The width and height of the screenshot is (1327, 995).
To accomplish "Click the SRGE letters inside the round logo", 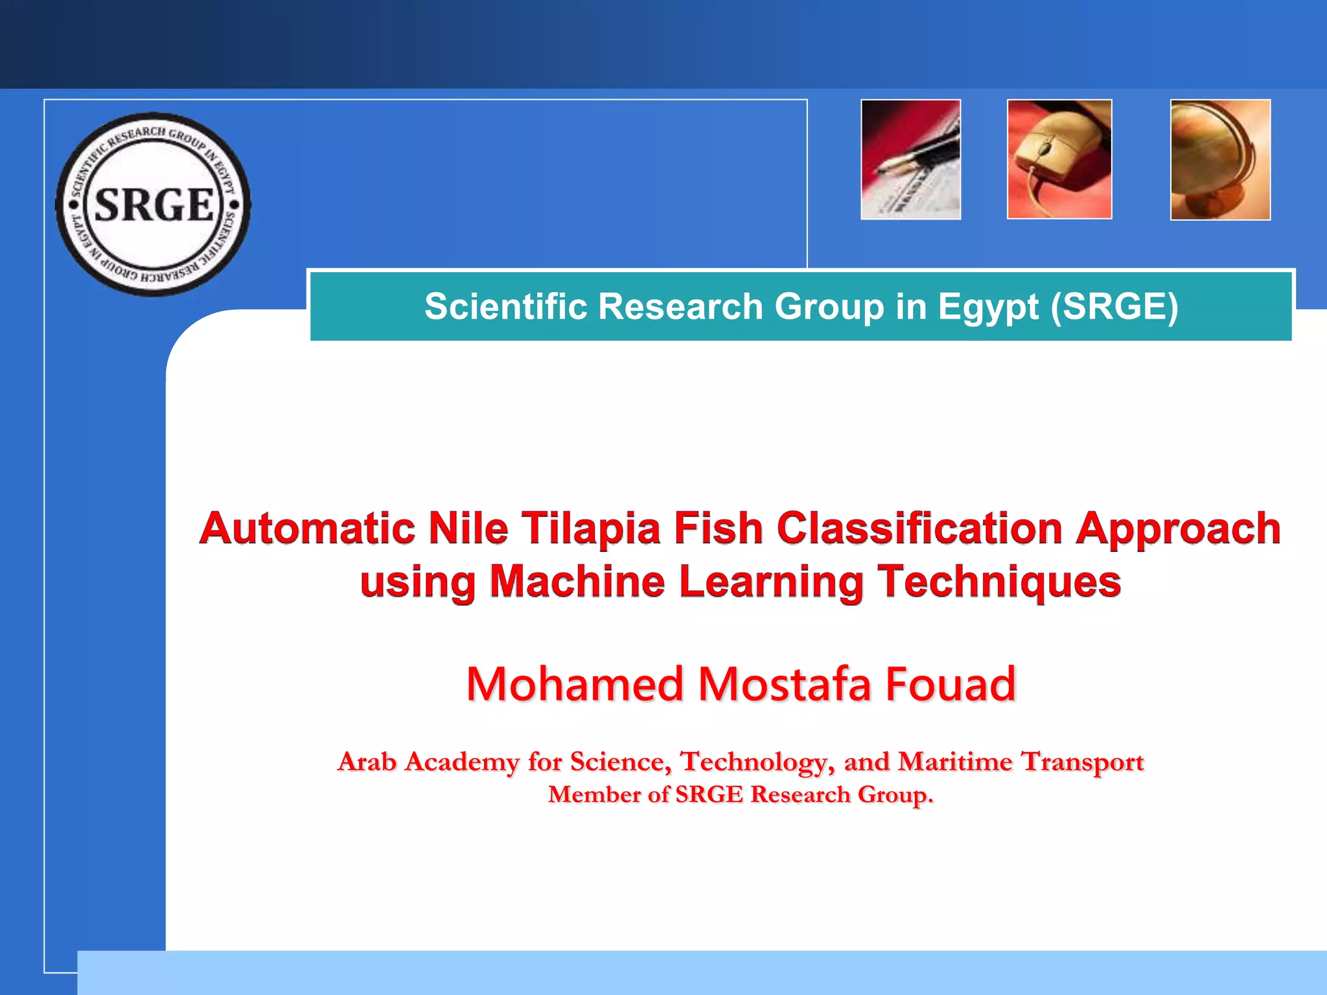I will tap(154, 205).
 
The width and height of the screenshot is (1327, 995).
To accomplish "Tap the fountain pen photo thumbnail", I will tap(910, 159).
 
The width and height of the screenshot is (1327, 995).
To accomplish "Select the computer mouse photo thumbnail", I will tap(1059, 159).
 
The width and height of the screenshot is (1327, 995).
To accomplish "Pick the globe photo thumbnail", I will tap(1220, 159).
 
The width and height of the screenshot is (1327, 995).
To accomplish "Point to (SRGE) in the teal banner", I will tap(1114, 306).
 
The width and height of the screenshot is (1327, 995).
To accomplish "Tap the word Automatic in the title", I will tap(308, 528).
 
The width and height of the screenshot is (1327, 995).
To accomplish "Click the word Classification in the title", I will tap(919, 528).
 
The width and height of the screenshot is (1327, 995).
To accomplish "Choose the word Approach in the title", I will tap(1178, 529).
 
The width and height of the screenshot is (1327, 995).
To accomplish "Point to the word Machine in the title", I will tap(577, 581).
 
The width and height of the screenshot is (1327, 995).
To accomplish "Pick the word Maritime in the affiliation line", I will tap(954, 762).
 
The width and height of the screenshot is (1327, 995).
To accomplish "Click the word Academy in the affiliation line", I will tap(461, 762).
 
